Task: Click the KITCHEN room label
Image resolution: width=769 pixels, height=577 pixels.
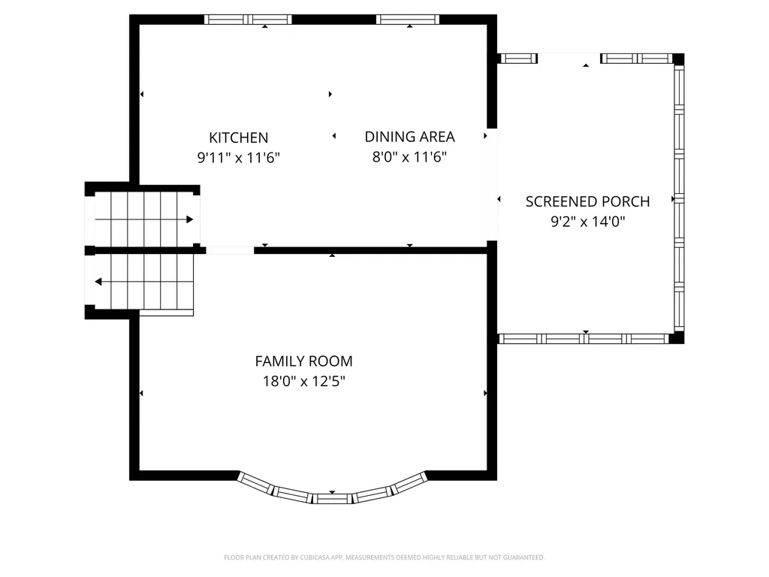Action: [x=238, y=137]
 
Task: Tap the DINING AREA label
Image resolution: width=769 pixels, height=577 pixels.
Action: [x=409, y=137]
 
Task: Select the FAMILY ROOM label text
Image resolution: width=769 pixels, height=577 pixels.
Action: [x=303, y=361]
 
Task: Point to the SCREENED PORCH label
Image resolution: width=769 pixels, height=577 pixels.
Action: [x=587, y=201]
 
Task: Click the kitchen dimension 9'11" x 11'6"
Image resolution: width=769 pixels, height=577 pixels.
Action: [x=238, y=158]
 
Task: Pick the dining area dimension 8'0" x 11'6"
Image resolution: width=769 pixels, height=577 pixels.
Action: [x=409, y=156]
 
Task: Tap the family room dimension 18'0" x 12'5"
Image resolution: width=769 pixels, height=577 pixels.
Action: [x=303, y=381]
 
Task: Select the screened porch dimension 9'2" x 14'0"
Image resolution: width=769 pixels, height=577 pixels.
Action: [x=587, y=222]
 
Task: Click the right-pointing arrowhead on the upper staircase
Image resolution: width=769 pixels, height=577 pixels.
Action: [x=190, y=219]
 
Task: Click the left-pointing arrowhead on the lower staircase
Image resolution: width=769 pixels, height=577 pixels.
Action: [x=98, y=282]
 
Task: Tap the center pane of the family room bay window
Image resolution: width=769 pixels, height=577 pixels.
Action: [x=332, y=499]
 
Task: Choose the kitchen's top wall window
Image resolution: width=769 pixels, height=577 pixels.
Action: [x=248, y=20]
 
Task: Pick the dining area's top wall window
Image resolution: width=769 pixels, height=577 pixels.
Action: [x=408, y=20]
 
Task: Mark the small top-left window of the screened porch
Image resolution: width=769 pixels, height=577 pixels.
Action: [x=518, y=59]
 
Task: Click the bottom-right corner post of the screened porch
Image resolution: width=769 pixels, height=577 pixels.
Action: [x=677, y=337]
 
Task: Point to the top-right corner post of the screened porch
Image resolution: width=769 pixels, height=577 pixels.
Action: [x=678, y=59]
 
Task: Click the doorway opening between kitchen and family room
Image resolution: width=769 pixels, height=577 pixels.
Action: [x=230, y=250]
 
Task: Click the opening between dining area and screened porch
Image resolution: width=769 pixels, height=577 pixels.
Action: [x=492, y=185]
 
